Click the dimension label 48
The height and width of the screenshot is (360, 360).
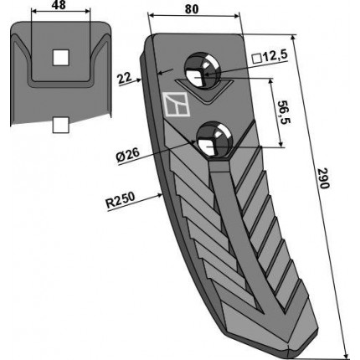pos(59,5)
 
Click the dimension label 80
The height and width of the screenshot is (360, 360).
pos(192,9)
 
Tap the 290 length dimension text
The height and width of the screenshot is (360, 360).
pos(323,178)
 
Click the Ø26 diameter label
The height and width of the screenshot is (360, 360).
pos(128,155)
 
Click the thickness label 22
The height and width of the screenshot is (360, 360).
pos(124,78)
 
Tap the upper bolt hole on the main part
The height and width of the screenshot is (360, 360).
pos(202,72)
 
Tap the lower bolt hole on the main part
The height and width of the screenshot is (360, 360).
pos(214,139)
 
